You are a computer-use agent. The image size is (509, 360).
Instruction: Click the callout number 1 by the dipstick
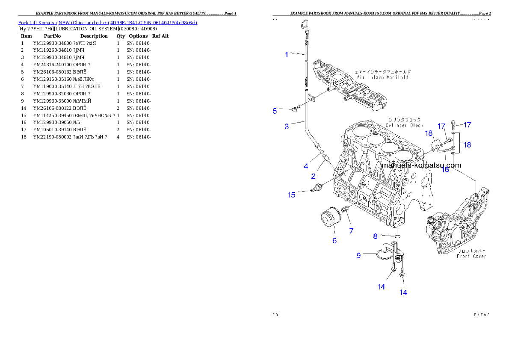[287, 54]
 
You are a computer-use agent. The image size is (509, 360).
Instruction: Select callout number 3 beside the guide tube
[287, 126]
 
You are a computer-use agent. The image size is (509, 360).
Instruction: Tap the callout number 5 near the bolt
[275, 111]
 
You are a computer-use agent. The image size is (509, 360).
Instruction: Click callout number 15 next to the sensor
[291, 195]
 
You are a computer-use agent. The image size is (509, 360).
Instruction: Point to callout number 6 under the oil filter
[334, 241]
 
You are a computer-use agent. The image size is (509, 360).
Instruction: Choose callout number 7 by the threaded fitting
[351, 231]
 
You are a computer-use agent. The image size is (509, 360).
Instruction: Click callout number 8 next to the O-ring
[375, 236]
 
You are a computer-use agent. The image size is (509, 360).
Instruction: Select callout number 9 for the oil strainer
[359, 256]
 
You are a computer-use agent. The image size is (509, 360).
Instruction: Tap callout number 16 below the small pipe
[445, 170]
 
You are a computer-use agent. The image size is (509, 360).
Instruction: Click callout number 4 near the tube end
[306, 166]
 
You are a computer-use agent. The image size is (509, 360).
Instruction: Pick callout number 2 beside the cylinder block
[314, 176]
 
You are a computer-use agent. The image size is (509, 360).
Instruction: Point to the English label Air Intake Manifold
[382, 77]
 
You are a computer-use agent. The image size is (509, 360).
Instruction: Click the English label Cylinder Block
[404, 125]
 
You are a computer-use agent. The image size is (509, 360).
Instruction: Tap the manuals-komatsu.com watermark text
[421, 165]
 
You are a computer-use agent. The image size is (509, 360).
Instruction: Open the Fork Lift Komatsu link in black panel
[107, 22]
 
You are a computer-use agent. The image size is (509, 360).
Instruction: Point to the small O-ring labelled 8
[397, 236]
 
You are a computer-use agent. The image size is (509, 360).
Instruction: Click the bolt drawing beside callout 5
[294, 110]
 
